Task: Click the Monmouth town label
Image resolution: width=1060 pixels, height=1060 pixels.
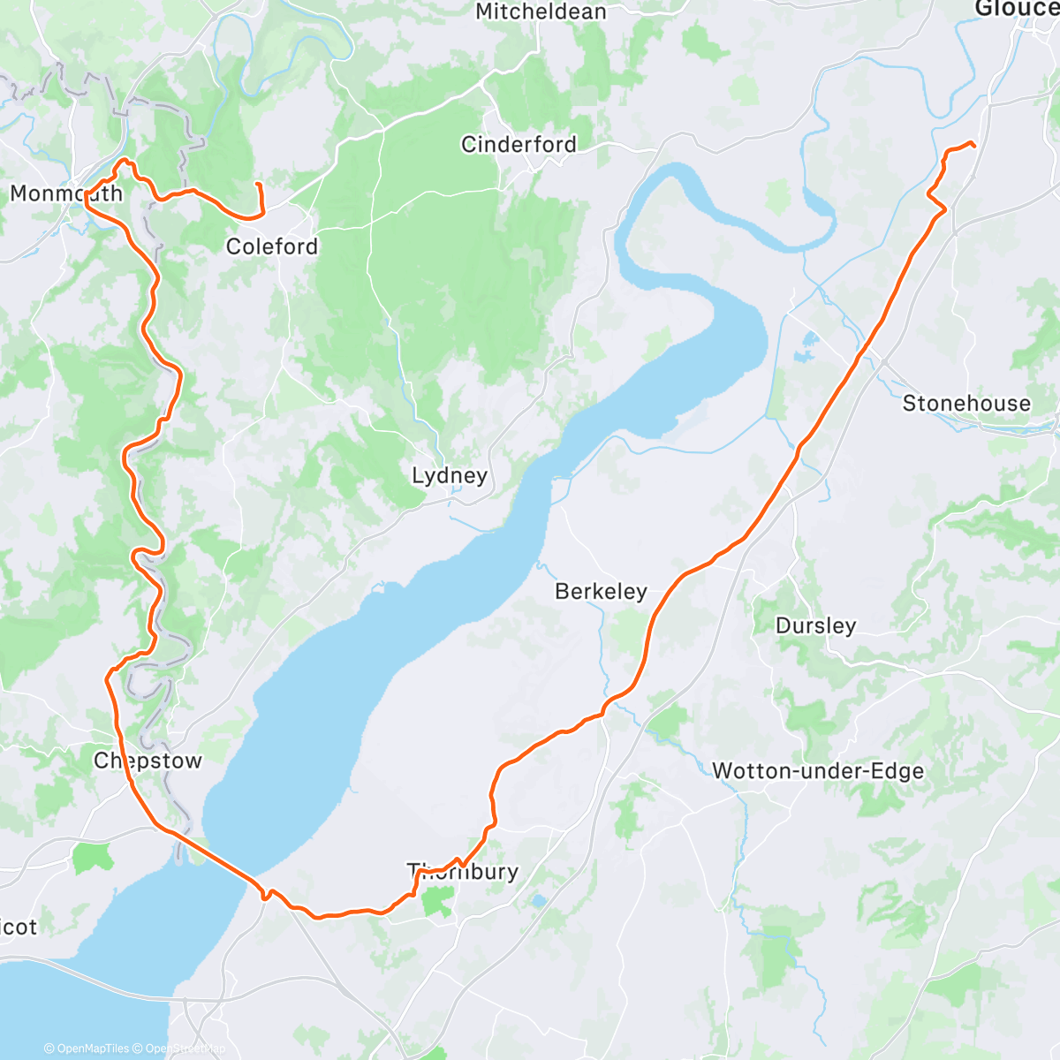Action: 66,193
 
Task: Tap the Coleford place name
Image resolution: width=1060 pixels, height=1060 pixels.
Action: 272,246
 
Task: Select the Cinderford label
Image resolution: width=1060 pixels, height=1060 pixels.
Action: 519,144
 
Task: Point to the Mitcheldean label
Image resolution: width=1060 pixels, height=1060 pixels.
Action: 541,12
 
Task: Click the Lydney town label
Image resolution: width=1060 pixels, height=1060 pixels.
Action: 450,476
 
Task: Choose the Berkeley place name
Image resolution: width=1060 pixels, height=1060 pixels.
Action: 601,592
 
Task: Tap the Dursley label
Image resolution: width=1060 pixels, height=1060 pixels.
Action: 815,626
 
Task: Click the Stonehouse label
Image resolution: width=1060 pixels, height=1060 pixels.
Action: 966,404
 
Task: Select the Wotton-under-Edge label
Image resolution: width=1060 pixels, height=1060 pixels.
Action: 818,771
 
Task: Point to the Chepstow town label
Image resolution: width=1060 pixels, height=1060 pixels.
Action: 148,761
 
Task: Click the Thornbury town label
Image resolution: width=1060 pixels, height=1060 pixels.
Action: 463,872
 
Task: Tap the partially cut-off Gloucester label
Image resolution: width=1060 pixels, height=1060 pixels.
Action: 1016,9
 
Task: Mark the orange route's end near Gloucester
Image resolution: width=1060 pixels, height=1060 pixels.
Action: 973,145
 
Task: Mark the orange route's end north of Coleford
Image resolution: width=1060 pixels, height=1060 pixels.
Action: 257,184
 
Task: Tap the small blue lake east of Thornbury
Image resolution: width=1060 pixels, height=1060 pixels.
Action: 539,901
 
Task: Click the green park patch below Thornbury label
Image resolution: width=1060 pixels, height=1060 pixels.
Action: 438,901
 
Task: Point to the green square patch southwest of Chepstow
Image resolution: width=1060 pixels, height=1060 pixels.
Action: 92,857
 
